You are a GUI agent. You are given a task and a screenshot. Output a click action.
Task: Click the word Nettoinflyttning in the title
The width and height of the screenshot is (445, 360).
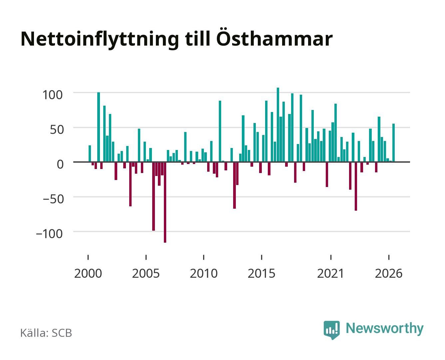point(100,40)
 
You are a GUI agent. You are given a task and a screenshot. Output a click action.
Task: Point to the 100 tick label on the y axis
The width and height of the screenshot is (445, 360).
point(52,95)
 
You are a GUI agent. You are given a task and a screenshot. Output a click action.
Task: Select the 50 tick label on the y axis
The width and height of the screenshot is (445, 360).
point(57,130)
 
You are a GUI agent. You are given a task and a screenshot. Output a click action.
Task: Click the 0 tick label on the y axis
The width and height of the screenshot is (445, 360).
point(60,164)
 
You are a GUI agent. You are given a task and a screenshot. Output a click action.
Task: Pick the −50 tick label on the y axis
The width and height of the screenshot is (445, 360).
point(53,199)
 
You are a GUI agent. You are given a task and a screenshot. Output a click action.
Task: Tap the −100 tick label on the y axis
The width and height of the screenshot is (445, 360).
point(49,234)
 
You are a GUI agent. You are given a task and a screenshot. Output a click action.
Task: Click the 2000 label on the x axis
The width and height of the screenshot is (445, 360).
point(88,273)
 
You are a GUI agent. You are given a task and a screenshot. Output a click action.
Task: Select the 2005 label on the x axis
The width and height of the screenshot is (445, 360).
point(146,273)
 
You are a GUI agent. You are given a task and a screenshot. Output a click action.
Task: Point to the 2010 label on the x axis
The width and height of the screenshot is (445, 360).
point(204,273)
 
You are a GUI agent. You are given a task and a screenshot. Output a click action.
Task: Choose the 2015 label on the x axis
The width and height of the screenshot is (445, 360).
point(261,273)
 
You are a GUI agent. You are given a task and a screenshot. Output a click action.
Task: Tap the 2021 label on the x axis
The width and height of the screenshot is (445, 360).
point(330,273)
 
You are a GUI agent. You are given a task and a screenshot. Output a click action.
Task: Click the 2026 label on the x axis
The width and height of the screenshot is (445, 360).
point(389,273)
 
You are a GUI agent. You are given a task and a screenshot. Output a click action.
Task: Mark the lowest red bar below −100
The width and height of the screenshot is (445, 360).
point(165,202)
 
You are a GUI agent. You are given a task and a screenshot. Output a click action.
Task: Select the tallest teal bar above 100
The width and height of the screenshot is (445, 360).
point(278,125)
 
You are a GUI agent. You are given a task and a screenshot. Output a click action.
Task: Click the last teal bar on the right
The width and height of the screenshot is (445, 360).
point(393,143)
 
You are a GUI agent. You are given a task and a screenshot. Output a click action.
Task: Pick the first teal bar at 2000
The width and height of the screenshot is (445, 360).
point(90,154)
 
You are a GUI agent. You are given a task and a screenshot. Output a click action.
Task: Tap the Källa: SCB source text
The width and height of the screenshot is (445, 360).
point(46,333)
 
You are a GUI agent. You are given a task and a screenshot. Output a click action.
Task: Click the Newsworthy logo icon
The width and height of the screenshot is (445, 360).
point(331,330)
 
